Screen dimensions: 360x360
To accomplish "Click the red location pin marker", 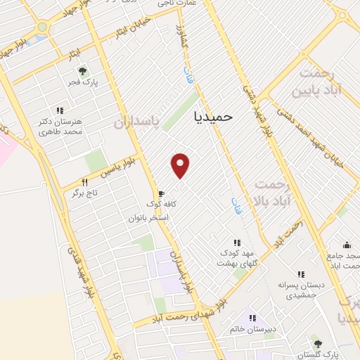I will click(181, 166).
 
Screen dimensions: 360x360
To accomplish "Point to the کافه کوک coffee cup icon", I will click(161, 193).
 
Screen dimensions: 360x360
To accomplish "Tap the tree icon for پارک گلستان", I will click(318, 344).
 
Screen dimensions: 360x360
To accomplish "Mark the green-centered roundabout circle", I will click(42, 27).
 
